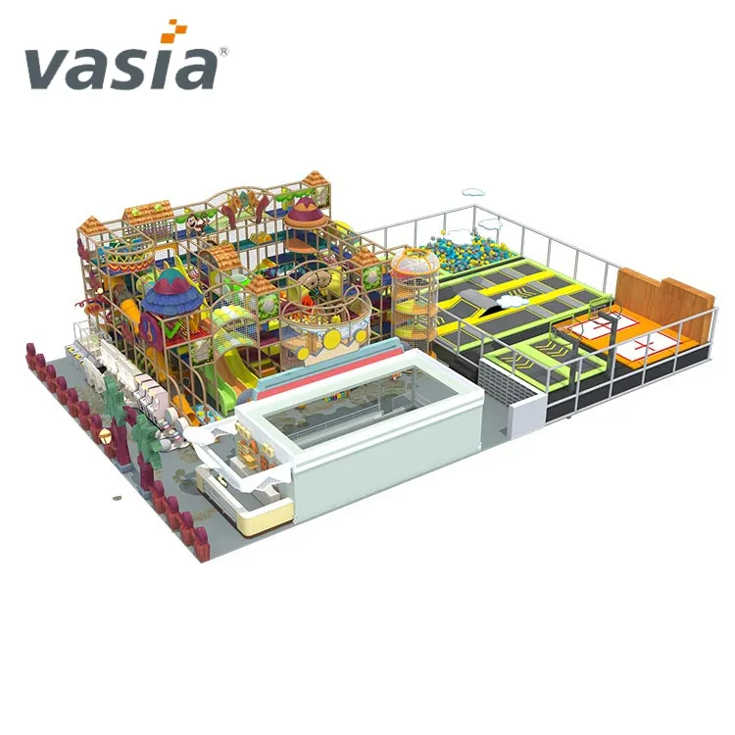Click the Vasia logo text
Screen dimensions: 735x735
[x=121, y=69]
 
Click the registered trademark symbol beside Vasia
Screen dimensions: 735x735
[x=223, y=52]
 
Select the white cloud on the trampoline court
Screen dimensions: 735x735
[x=513, y=302]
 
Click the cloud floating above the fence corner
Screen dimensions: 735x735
[x=473, y=192]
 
